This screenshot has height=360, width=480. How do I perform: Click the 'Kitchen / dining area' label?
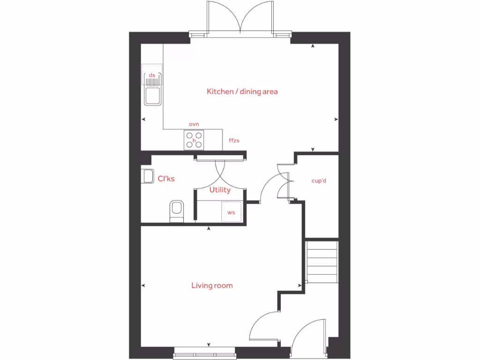tap(242, 91)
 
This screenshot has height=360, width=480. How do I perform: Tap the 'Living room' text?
tap(212, 285)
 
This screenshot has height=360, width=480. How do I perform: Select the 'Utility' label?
tap(220, 190)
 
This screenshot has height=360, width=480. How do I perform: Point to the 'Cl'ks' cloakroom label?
tap(166, 178)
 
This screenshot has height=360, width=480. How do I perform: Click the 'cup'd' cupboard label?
tap(319, 180)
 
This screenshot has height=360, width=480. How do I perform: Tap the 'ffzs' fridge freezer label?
tap(234, 140)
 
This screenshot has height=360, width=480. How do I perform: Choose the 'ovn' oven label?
tap(194, 124)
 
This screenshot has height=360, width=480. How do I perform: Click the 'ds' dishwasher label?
tap(151, 75)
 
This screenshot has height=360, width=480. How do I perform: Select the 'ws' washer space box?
tap(231, 211)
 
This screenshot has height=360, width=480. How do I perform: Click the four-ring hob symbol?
tap(194, 140)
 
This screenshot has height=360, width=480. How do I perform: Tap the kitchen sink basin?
tap(153, 97)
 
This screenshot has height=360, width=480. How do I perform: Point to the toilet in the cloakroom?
tap(177, 210)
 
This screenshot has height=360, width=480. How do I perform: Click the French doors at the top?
tap(240, 19)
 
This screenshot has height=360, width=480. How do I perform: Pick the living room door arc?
tap(265, 326)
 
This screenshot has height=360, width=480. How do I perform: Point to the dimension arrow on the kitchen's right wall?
tap(336, 120)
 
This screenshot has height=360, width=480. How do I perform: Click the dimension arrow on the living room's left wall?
tap(143, 285)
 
